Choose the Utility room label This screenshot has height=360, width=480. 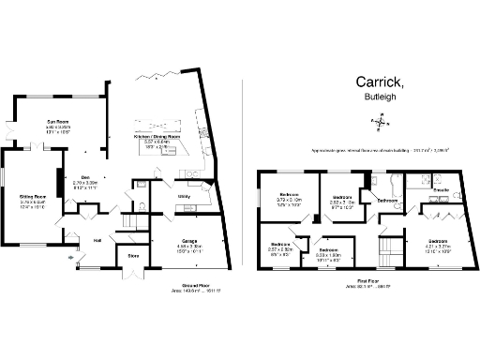[185, 196]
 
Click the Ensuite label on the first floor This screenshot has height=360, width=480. [440, 190]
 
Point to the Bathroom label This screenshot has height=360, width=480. [387, 200]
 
